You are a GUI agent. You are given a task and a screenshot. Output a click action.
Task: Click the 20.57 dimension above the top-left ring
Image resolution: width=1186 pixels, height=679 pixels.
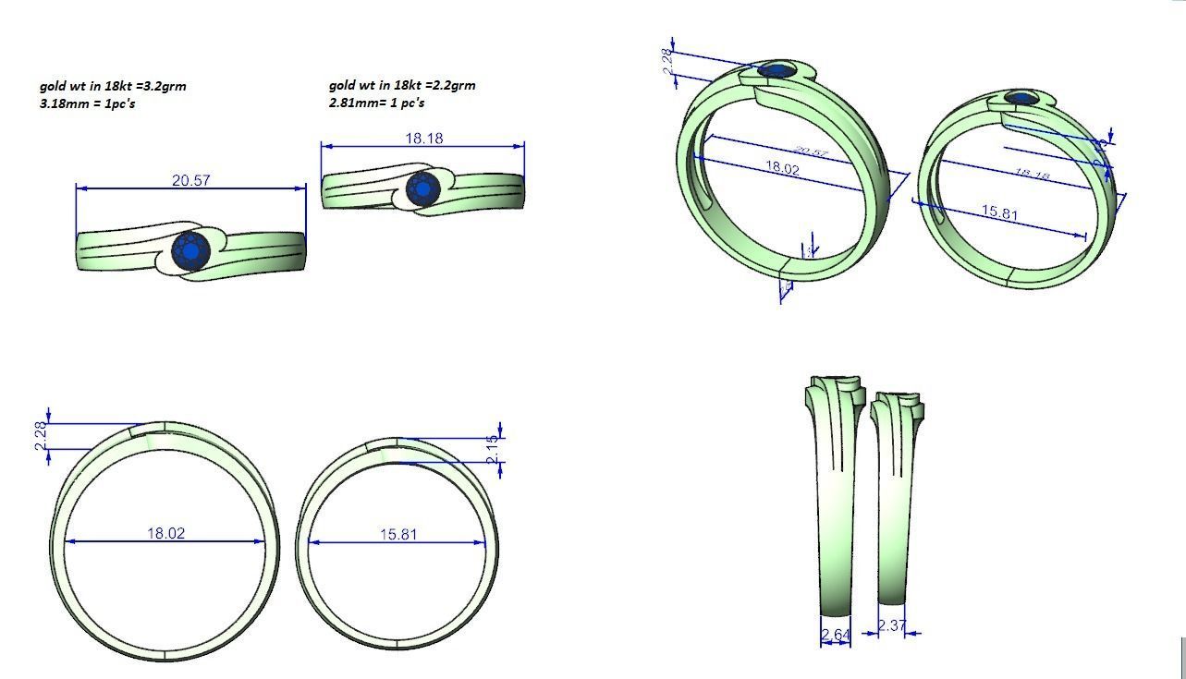tap(190, 180)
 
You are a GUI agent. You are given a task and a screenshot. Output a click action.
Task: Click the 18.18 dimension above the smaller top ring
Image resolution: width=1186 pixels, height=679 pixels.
tap(423, 139)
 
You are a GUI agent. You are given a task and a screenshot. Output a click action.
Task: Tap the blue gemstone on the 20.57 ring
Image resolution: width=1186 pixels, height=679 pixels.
tap(191, 251)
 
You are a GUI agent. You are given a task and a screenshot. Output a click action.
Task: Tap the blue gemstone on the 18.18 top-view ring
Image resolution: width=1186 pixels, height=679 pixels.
tap(422, 188)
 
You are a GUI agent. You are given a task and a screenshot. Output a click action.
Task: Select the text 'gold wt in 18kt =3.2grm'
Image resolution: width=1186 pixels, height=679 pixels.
tap(113, 86)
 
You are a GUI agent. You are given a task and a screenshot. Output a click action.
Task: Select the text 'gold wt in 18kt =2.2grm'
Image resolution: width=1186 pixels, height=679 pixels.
tap(402, 85)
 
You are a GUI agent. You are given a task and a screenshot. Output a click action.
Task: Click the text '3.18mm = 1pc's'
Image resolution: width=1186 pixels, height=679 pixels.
tap(88, 103)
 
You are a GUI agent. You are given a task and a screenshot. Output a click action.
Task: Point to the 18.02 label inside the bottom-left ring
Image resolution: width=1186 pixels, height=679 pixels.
tap(165, 533)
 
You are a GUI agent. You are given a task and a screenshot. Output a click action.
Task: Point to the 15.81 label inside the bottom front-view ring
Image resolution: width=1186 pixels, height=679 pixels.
tap(398, 534)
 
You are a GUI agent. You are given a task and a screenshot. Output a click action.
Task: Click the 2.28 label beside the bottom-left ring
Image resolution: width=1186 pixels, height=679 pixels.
tap(40, 436)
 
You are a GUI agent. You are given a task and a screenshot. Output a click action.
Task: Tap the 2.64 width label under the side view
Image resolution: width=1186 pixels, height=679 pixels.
tap(835, 635)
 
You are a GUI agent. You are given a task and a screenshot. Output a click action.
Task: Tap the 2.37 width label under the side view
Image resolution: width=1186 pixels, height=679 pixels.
tap(892, 625)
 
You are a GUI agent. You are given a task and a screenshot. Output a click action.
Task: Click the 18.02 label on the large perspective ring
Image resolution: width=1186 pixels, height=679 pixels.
tap(782, 168)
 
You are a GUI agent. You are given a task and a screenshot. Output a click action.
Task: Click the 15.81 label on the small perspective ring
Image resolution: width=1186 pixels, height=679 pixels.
tap(999, 212)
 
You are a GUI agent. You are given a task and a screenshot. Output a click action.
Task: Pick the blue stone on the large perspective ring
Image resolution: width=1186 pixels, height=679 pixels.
tap(774, 70)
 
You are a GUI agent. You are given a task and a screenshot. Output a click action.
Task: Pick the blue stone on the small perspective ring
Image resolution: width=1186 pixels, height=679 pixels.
tap(1020, 97)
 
